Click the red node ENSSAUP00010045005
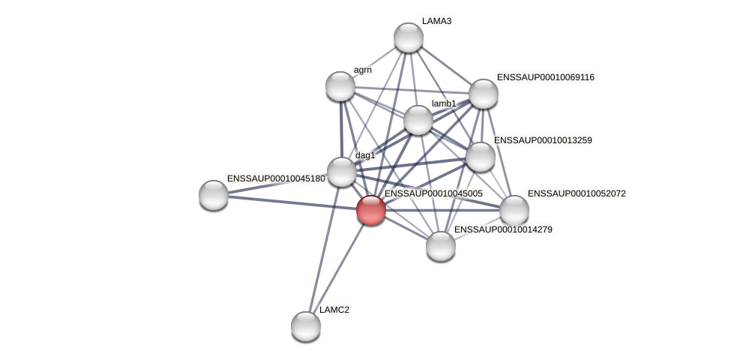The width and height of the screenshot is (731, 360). [371, 209]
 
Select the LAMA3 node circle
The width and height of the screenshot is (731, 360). [409, 37]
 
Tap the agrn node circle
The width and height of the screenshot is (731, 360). [340, 86]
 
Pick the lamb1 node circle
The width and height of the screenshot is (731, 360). [418, 120]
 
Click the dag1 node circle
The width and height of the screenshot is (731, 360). [342, 172]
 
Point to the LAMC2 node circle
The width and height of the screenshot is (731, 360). [306, 325]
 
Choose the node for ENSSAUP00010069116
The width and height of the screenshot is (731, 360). [484, 94]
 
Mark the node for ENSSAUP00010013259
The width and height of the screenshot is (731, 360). [481, 157]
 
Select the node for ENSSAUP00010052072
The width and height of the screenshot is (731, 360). [514, 210]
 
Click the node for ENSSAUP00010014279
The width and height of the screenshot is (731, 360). [441, 246]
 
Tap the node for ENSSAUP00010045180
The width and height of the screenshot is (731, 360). [214, 195]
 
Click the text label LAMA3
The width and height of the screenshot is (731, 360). [436, 21]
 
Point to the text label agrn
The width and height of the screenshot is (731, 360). [363, 70]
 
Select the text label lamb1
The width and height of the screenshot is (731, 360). [444, 103]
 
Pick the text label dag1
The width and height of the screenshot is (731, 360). [365, 155]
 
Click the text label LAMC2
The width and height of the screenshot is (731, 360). [334, 310]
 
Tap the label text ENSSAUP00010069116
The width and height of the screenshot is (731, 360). [545, 77]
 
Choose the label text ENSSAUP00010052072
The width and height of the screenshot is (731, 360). [577, 193]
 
